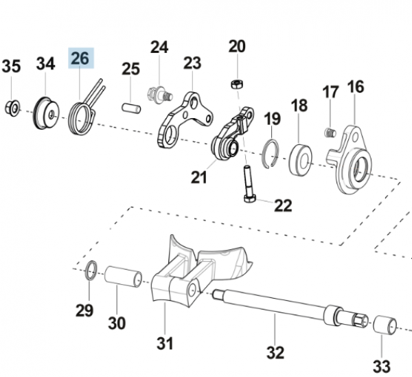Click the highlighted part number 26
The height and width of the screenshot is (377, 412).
[80, 58]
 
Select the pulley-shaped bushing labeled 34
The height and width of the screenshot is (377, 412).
[46, 111]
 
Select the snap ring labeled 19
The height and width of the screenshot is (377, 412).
[273, 150]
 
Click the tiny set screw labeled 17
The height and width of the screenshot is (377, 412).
[328, 130]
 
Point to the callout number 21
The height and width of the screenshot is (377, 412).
[198, 178]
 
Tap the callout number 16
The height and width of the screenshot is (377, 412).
[355, 87]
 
